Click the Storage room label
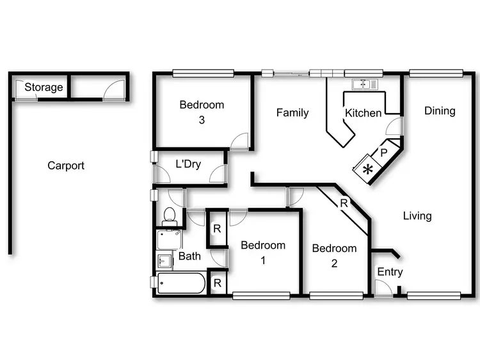[x=44, y=87]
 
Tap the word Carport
[x=66, y=166]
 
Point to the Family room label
[x=292, y=113]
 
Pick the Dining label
[x=440, y=111]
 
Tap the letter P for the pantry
[x=384, y=153]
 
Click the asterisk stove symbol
[x=368, y=169]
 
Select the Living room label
[x=417, y=215]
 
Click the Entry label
[x=390, y=272]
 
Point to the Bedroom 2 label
[x=334, y=254]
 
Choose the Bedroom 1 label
[x=263, y=252]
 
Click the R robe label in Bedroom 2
[x=344, y=203]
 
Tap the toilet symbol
[x=170, y=215]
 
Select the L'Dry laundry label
[x=188, y=164]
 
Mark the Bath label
[x=189, y=256]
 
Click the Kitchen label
[x=363, y=113]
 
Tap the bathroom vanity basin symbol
[x=164, y=261]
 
